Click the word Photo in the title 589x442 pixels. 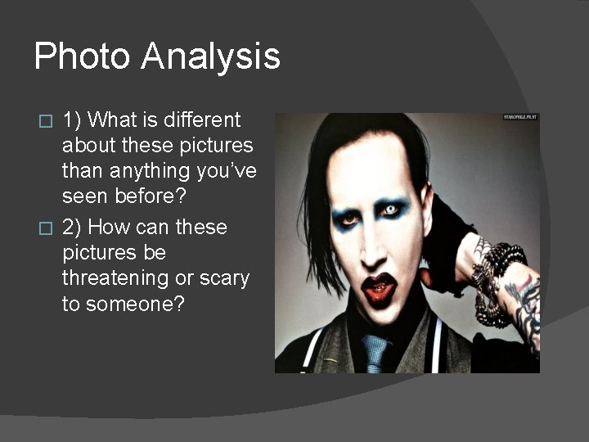pos(81,56)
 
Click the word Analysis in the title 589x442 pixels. pos(210,56)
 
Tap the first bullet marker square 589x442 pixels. pos(47,121)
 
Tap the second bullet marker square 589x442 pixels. pos(47,228)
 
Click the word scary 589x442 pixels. pos(225,277)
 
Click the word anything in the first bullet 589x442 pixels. pos(144,172)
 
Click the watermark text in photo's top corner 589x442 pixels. pos(519,118)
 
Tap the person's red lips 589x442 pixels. pos(379,289)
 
